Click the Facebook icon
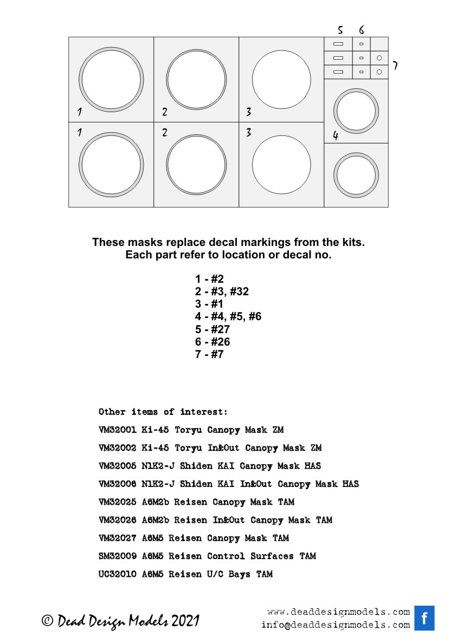[425, 618]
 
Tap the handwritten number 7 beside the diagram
[395, 66]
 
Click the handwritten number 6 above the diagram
[361, 30]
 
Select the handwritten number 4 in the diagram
[336, 135]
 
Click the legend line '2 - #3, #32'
[222, 291]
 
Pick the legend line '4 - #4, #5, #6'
[228, 316]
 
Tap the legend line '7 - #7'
[209, 354]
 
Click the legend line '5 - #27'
[213, 329]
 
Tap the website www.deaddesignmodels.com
[338, 612]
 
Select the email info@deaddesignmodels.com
[335, 625]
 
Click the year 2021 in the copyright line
[185, 621]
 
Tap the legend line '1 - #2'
[209, 279]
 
